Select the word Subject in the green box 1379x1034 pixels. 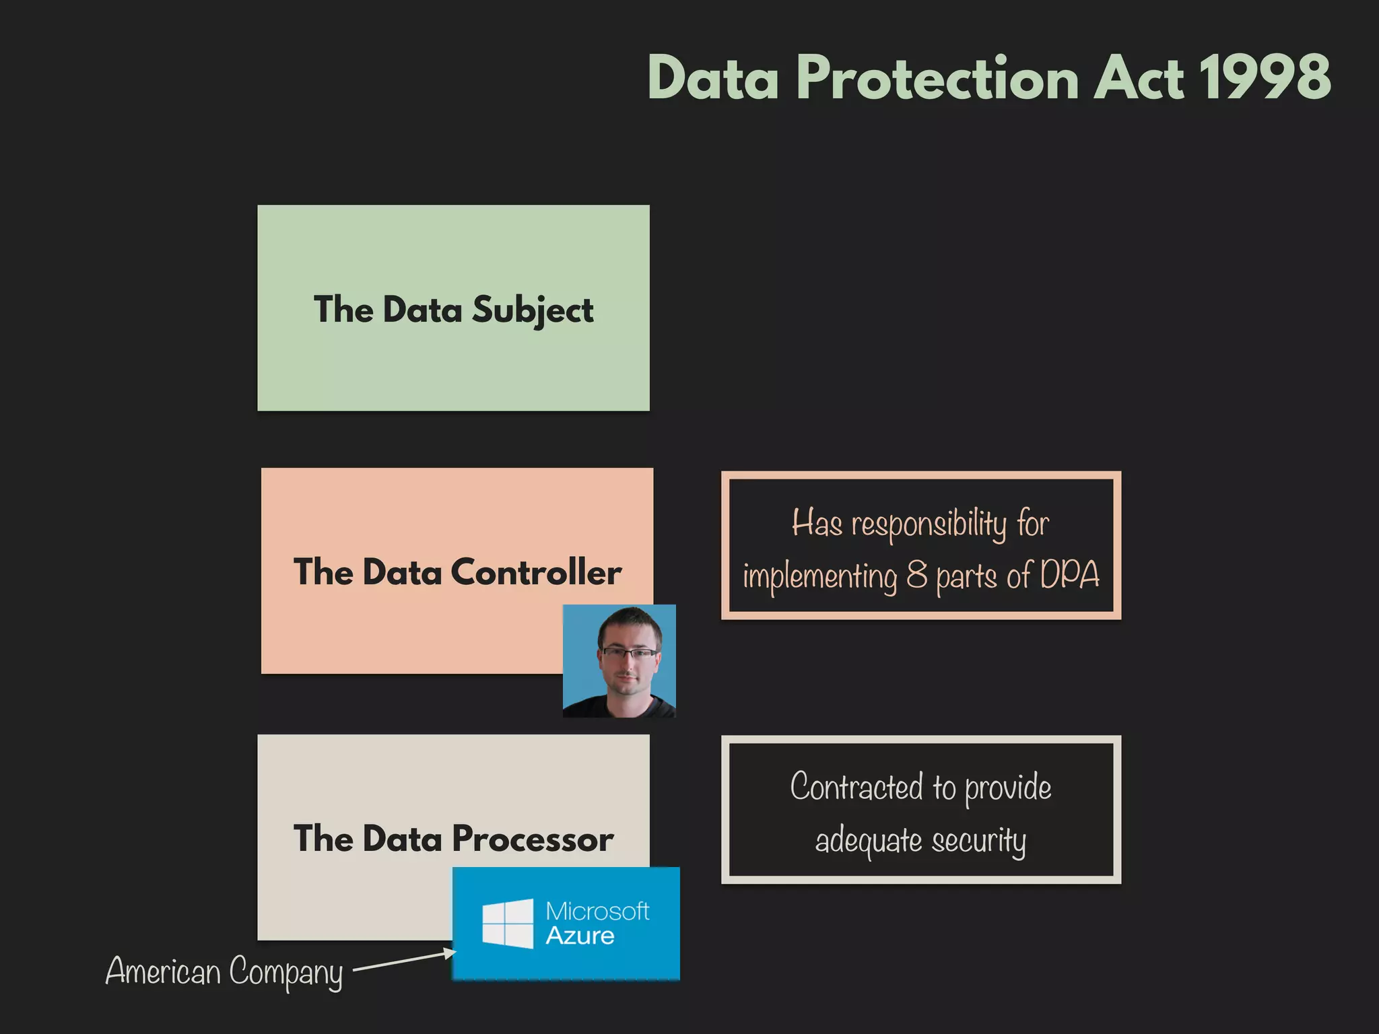pyautogui.click(x=532, y=310)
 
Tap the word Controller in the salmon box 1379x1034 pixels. pyautogui.click(x=536, y=572)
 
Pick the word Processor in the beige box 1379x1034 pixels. pyautogui.click(x=533, y=839)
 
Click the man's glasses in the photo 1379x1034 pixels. pyautogui.click(x=629, y=652)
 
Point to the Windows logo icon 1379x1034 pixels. pyautogui.click(x=508, y=923)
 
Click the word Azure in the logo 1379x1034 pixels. pyautogui.click(x=580, y=936)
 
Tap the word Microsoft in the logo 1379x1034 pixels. pyautogui.click(x=597, y=911)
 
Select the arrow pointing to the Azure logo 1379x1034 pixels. pyautogui.click(x=404, y=961)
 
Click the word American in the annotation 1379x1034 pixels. pyautogui.click(x=163, y=971)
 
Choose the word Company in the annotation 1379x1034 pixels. pyautogui.click(x=285, y=973)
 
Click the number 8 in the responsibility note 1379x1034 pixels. pyautogui.click(x=916, y=575)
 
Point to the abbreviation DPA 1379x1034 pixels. pyautogui.click(x=1069, y=575)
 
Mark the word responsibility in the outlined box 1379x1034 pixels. pyautogui.click(x=929, y=524)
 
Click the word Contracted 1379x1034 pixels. pyautogui.click(x=856, y=787)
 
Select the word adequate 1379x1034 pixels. pyautogui.click(x=869, y=841)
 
